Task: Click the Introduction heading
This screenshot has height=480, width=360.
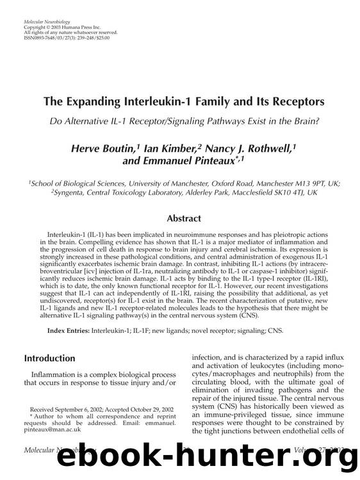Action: [x=50, y=358]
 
